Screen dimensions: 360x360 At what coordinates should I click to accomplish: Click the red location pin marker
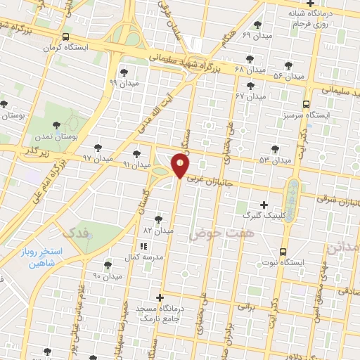point(181,165)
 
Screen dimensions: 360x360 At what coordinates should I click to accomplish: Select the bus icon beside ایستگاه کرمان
point(65,37)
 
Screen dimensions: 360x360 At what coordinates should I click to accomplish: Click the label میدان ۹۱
point(137,164)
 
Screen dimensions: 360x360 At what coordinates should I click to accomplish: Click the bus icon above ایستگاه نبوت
point(283,251)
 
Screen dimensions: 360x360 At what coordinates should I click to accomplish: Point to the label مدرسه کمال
point(143,257)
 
